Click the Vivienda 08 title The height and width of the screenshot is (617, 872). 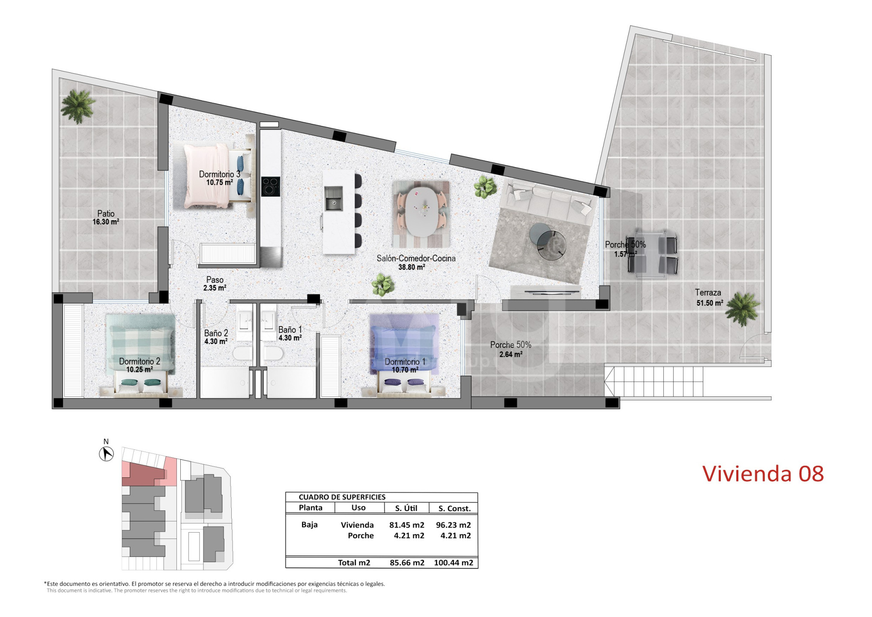(x=763, y=474)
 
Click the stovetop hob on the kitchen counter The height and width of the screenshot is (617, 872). (x=271, y=186)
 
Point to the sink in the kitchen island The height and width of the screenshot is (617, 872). (x=333, y=198)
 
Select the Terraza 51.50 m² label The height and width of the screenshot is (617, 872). (x=709, y=298)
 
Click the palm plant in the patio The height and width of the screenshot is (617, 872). (x=78, y=106)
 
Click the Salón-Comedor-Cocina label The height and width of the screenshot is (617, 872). (x=416, y=258)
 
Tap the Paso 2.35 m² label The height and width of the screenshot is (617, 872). (x=215, y=284)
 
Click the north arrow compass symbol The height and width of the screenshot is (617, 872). (x=106, y=454)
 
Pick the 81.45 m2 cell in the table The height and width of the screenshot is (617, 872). (x=406, y=525)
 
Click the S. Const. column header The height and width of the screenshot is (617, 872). (x=454, y=509)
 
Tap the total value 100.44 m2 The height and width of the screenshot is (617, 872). (x=454, y=563)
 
